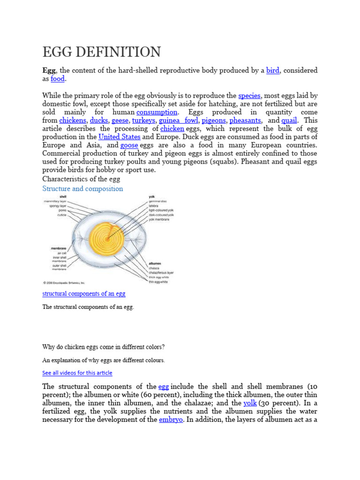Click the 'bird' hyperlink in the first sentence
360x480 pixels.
(x=272, y=70)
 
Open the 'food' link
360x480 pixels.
(x=57, y=79)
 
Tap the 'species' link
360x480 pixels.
(x=249, y=95)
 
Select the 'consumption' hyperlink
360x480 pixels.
(x=157, y=112)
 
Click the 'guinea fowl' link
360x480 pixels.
(x=178, y=120)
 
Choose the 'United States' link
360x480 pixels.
(x=119, y=137)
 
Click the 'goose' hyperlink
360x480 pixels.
(x=129, y=145)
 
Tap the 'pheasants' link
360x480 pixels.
(x=245, y=120)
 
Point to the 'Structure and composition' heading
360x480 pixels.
(x=82, y=188)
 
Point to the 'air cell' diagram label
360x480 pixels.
(x=61, y=253)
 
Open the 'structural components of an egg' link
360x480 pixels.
(x=84, y=294)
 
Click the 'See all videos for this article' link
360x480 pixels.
(x=77, y=373)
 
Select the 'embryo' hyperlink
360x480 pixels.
(x=171, y=420)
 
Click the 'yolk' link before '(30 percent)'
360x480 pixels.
(x=250, y=403)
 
